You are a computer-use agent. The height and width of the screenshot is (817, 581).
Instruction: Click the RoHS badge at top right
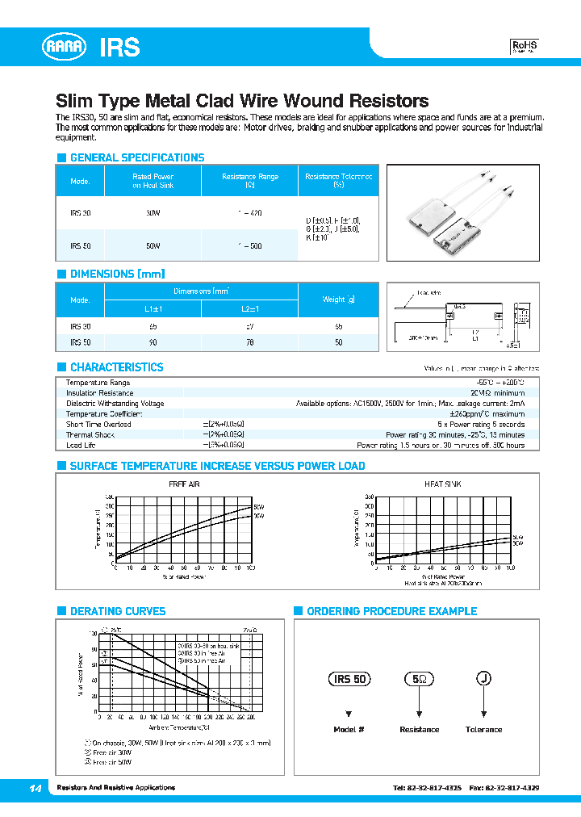click(525, 47)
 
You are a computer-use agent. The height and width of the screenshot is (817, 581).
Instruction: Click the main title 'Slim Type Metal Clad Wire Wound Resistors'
click(241, 101)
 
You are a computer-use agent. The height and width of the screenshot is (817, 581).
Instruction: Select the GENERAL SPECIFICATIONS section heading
click(136, 157)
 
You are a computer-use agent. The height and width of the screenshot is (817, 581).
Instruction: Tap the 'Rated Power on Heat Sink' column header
click(153, 181)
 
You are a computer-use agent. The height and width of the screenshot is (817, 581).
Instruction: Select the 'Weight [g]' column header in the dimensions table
click(338, 299)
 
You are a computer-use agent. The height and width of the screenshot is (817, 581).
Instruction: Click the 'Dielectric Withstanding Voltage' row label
click(115, 404)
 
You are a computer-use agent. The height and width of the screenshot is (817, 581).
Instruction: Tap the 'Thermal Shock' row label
click(90, 434)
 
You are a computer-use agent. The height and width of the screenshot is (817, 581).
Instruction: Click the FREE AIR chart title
click(183, 484)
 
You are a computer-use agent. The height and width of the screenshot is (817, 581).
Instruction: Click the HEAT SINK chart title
click(442, 484)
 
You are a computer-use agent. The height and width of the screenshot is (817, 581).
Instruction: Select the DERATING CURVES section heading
click(117, 611)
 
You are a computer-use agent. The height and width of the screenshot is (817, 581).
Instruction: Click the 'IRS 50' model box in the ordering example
click(349, 679)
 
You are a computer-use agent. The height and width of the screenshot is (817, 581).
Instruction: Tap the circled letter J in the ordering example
click(483, 679)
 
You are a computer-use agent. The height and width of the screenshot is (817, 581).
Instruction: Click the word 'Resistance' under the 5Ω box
click(419, 730)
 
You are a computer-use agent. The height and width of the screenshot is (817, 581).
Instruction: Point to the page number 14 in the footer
click(35, 788)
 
